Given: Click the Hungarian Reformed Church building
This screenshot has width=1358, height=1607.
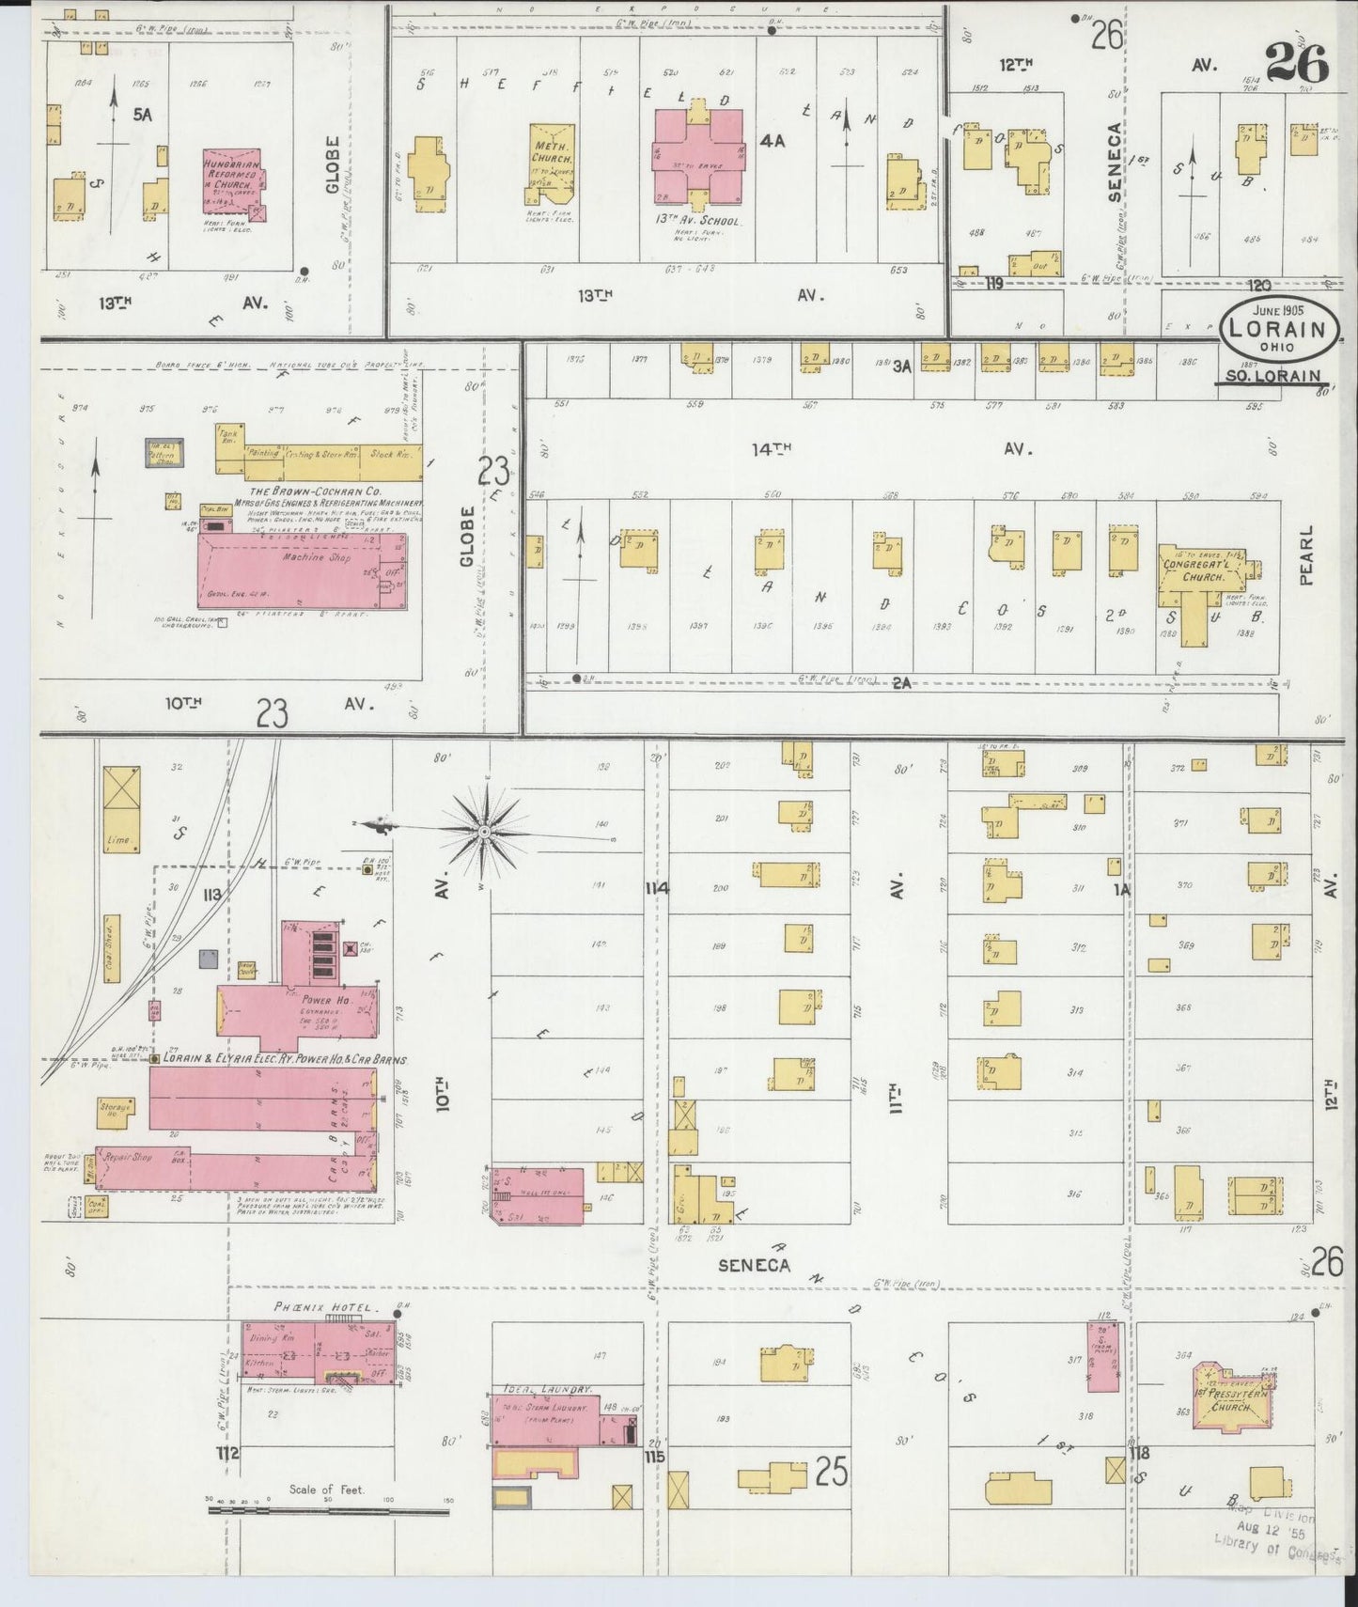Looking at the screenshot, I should pyautogui.click(x=232, y=184).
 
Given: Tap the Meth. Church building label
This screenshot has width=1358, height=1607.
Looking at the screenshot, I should pyautogui.click(x=548, y=153).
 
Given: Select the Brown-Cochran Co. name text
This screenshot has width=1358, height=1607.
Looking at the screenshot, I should pyautogui.click(x=301, y=491).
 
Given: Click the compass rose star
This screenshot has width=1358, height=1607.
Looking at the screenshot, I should pyautogui.click(x=484, y=831).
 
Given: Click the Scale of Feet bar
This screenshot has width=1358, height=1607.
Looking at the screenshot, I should pyautogui.click(x=328, y=1512).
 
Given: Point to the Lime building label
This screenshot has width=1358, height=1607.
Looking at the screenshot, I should pyautogui.click(x=118, y=839).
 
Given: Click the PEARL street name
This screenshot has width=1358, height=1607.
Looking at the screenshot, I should pyautogui.click(x=1306, y=556).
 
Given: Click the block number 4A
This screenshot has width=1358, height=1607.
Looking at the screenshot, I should pyautogui.click(x=772, y=142).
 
